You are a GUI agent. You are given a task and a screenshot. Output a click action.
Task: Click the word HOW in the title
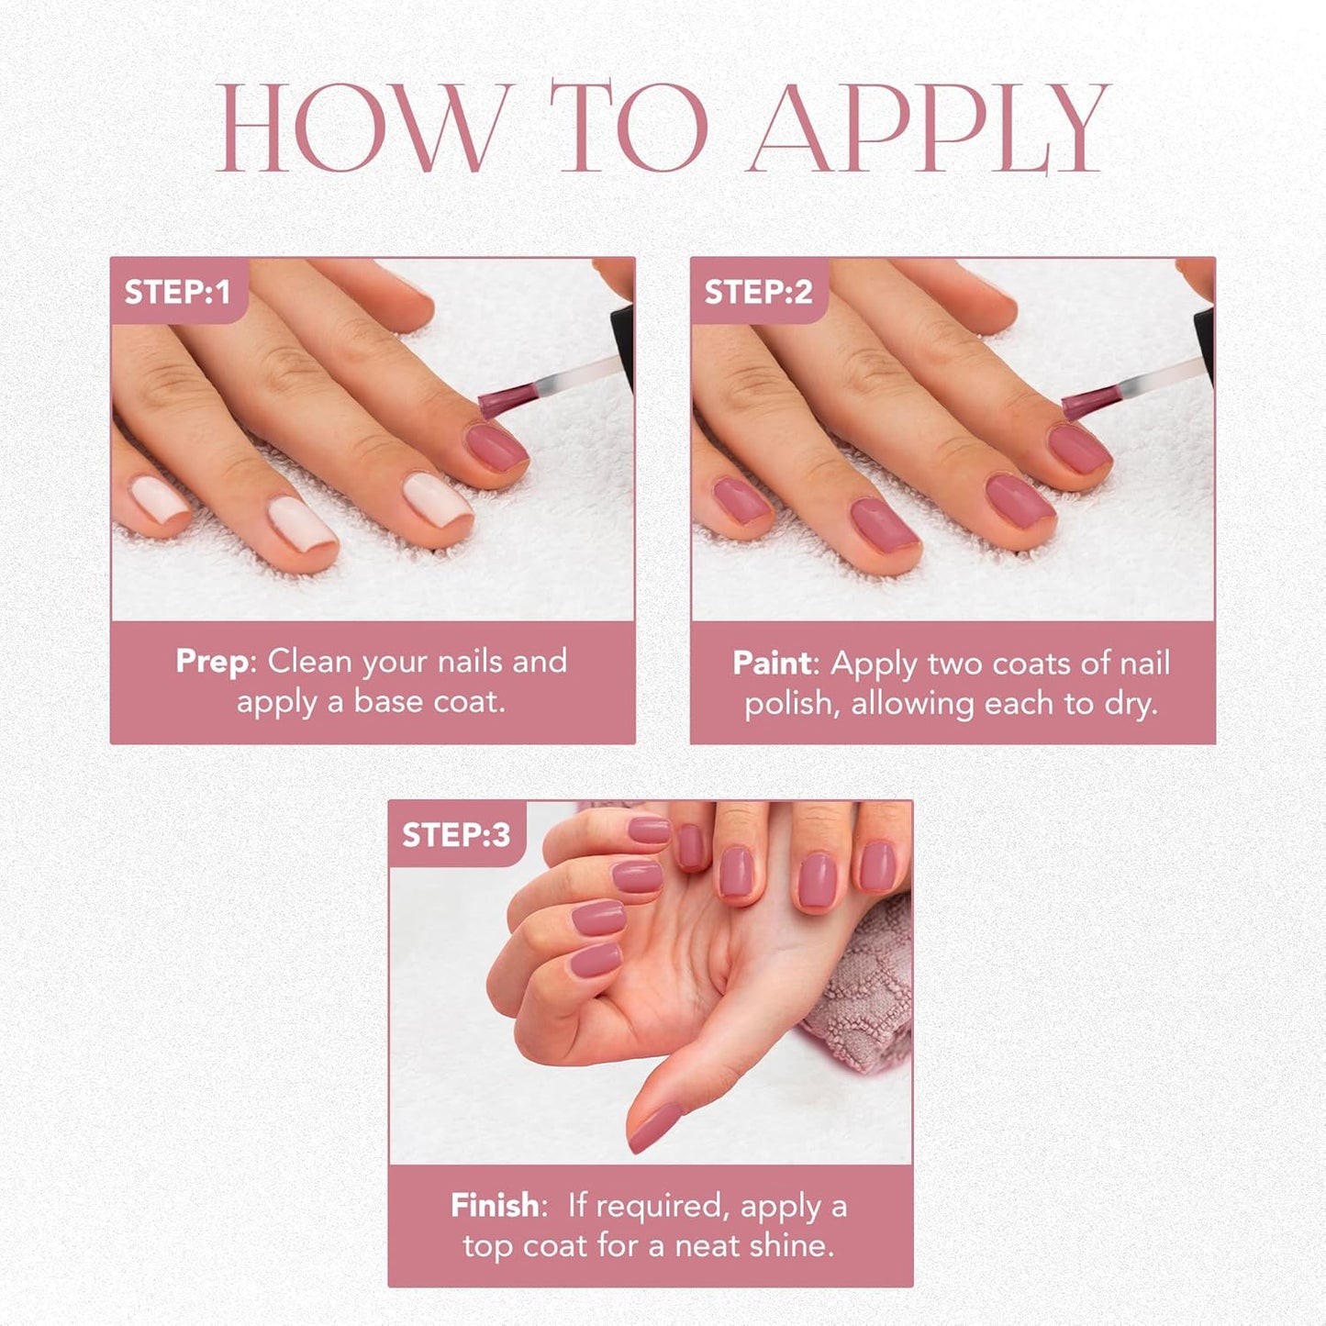click(363, 128)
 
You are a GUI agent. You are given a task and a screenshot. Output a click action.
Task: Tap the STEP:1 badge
click(177, 292)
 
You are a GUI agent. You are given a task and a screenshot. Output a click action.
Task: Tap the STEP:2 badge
click(758, 292)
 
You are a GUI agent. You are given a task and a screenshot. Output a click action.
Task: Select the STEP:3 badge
click(455, 835)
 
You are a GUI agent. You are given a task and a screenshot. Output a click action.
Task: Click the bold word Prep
click(211, 662)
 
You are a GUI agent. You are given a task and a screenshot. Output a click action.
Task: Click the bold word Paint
click(772, 663)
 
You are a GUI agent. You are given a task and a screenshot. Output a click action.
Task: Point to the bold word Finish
click(495, 1205)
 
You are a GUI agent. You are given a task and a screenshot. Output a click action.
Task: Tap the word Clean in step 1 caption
click(309, 662)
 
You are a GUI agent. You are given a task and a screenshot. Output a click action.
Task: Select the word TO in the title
click(629, 128)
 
